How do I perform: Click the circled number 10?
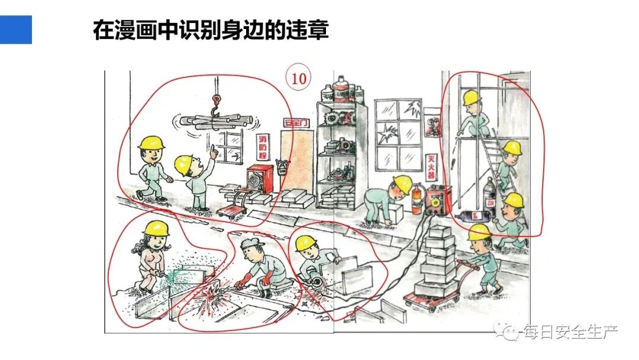point(299,79)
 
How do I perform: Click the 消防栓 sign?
point(263,147)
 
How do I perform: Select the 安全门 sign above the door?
point(296,123)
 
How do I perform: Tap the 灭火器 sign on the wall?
point(432,167)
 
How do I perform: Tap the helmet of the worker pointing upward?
point(185,163)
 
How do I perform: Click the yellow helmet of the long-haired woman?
point(157,228)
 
